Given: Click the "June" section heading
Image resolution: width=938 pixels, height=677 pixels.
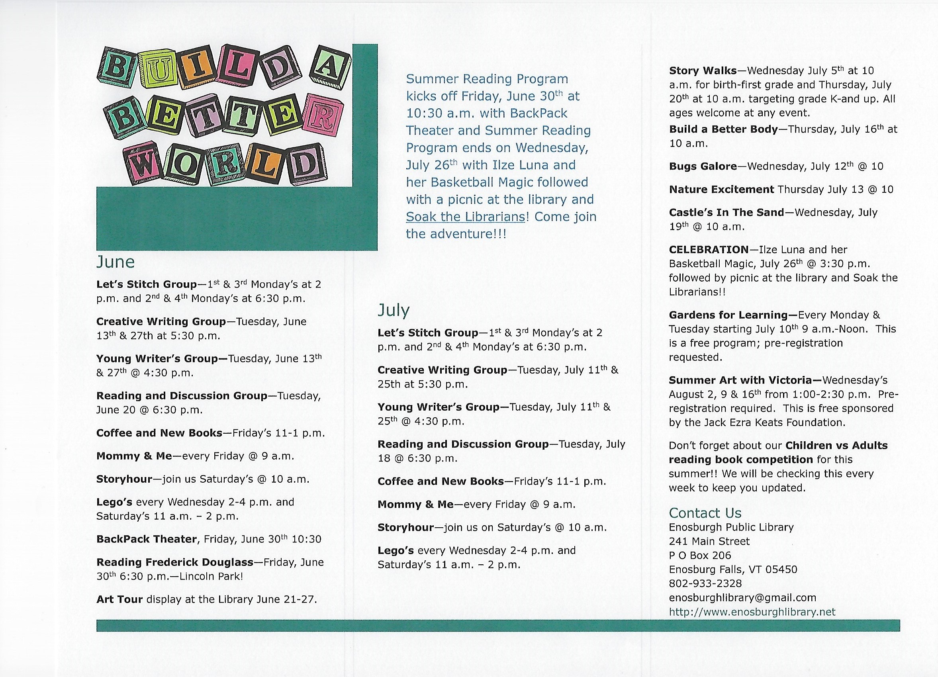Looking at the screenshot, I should [x=116, y=262].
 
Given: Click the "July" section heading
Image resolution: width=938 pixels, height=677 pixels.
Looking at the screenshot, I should [x=393, y=310].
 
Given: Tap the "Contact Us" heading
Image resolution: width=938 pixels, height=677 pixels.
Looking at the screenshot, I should [x=705, y=513].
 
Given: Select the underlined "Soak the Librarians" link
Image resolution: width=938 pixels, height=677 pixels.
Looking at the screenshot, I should [x=465, y=217].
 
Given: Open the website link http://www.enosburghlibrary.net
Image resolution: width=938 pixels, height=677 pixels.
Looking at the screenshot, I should [x=752, y=612].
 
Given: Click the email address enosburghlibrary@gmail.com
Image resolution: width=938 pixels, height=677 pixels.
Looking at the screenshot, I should [x=742, y=598].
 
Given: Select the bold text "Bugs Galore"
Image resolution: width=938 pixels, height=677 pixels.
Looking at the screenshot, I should [x=703, y=166].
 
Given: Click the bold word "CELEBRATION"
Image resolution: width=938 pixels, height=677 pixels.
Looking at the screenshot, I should [x=709, y=250].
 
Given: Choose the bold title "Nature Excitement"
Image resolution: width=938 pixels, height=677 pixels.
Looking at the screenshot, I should [x=721, y=190].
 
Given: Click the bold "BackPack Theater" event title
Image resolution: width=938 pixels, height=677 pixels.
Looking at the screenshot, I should [x=147, y=539].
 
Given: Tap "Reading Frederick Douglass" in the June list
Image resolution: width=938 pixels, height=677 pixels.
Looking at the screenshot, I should [x=174, y=562].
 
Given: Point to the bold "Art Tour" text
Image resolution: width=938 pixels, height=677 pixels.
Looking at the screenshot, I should [x=119, y=599].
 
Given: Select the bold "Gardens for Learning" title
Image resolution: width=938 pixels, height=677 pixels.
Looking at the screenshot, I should [x=728, y=315].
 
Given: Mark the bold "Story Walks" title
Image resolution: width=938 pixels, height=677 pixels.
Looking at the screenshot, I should [x=703, y=71].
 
